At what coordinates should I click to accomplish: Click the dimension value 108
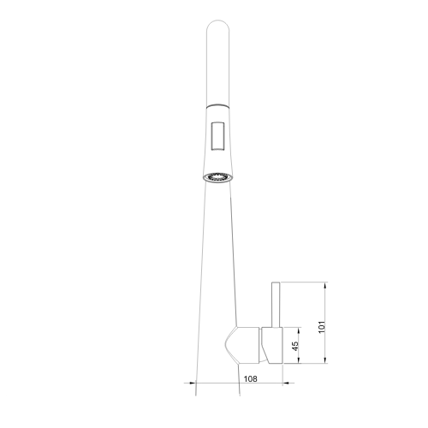tap(250, 378)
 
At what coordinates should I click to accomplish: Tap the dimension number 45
tap(295, 346)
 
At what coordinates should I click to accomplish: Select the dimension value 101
tap(322, 327)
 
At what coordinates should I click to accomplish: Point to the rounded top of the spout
tap(217, 24)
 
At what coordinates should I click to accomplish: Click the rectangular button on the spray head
tap(217, 136)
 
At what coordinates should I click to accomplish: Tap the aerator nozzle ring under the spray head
tap(217, 177)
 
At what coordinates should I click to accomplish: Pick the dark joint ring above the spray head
tap(217, 105)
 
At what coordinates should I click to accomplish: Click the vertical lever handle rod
tap(276, 305)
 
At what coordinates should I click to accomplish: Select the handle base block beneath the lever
tap(272, 346)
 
